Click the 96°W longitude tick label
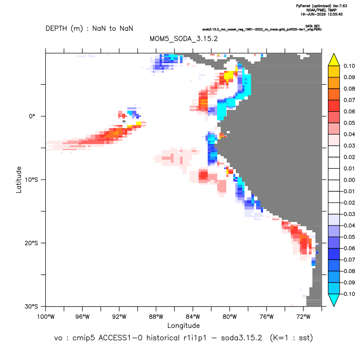82,317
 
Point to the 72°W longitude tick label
303,317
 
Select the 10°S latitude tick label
31,180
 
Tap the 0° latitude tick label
32,116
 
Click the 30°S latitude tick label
31,306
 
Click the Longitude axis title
183,325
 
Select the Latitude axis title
19,180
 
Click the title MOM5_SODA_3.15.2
183,39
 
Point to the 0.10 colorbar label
349,66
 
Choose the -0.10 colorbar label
347,294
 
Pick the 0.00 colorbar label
349,180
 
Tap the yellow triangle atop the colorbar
334,60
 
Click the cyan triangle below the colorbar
334,300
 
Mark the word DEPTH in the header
56,29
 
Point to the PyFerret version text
321,6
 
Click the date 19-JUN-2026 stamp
321,14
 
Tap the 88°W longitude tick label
156,317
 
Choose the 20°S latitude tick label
31,243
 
